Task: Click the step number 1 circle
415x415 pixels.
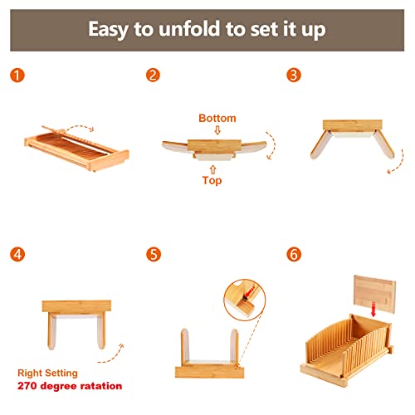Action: [17, 76]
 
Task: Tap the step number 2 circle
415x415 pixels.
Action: [153, 75]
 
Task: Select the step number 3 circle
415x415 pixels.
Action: [294, 75]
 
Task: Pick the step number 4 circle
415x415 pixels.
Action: [17, 254]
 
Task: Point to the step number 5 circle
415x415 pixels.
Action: [154, 254]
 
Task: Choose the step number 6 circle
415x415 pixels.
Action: [294, 254]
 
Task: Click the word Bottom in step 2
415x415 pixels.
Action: [217, 118]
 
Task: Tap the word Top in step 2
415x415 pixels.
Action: [212, 181]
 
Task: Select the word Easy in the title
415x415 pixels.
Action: [109, 30]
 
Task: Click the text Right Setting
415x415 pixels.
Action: [47, 373]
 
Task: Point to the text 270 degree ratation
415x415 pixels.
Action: [70, 386]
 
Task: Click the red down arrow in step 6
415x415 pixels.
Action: [373, 310]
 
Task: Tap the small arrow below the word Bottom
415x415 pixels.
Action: [217, 130]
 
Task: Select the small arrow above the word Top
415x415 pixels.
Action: [212, 169]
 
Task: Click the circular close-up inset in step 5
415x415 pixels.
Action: [245, 300]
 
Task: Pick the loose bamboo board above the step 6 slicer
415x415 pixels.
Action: [375, 294]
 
